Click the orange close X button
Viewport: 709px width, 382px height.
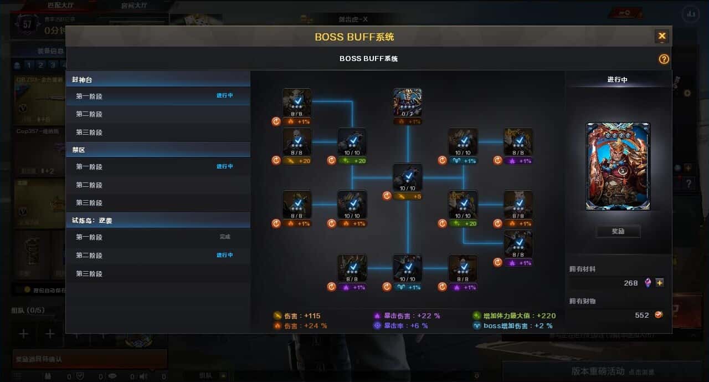coord(662,37)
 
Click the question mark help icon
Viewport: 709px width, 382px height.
coord(664,59)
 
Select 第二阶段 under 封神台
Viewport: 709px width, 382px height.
coord(89,114)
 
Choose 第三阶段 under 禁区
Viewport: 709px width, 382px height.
coord(89,203)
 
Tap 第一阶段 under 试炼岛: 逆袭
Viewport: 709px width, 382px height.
coord(89,237)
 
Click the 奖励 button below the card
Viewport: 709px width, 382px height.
coord(618,231)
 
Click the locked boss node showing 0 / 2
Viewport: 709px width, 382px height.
coord(408,103)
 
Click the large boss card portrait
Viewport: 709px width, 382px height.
coord(618,166)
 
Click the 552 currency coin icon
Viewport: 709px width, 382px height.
coord(659,315)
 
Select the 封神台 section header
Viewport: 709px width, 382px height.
coord(82,80)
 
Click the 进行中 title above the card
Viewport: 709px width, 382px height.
coord(618,80)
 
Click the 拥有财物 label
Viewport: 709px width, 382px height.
coord(583,301)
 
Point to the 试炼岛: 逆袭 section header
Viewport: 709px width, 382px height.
coord(92,221)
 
